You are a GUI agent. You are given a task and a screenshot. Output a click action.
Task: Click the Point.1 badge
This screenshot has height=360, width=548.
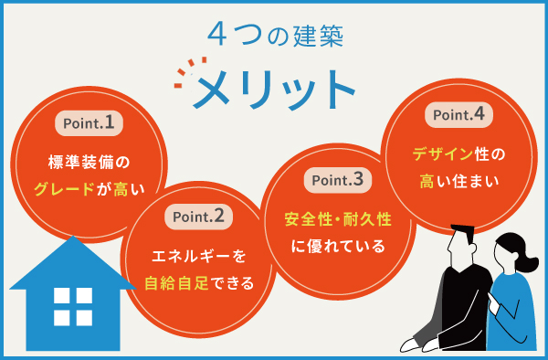89,122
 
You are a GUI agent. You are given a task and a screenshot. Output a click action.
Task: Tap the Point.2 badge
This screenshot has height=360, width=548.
199,217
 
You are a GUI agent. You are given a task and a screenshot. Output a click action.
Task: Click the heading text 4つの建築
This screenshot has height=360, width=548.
275,34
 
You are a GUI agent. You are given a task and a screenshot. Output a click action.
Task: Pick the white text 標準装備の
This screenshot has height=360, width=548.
90,163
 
